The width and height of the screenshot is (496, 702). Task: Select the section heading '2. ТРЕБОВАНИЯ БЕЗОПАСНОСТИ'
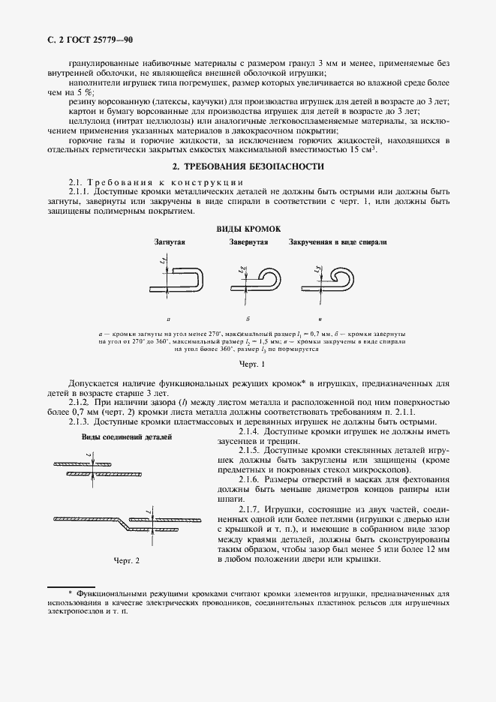248,166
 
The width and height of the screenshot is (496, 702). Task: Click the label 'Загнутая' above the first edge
170,244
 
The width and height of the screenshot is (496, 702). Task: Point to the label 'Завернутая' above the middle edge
248,244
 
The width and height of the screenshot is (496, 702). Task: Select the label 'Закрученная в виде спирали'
338,244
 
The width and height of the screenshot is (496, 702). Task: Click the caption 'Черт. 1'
248,364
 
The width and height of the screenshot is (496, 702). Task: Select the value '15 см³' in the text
362,150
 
